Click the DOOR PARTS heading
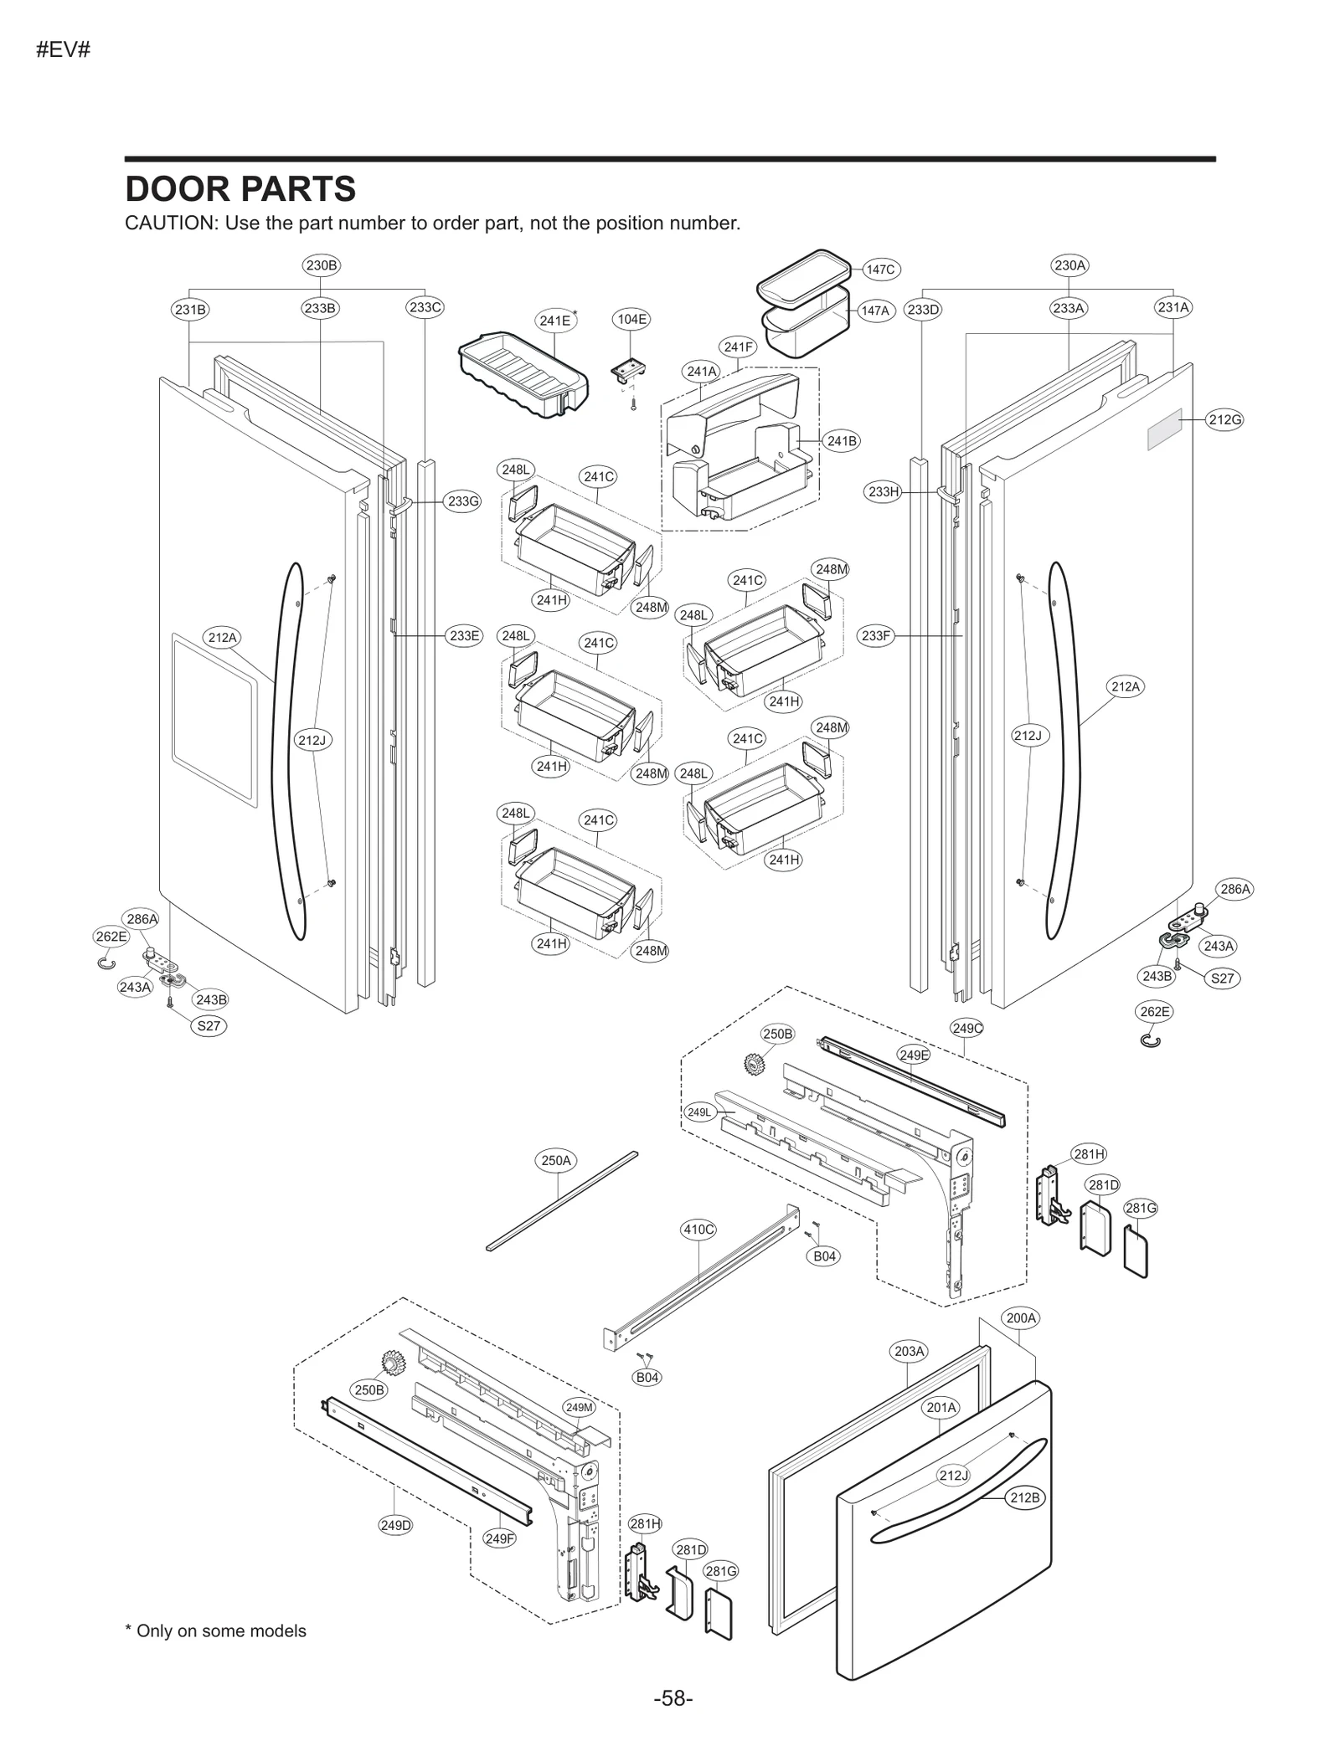click(x=240, y=189)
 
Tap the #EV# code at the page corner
click(x=63, y=50)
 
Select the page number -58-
click(x=673, y=1698)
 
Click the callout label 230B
click(x=322, y=265)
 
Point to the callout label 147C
click(x=880, y=270)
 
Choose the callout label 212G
click(x=1224, y=419)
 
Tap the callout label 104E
click(x=631, y=319)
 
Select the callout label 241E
click(x=554, y=321)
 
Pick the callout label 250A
click(x=556, y=1160)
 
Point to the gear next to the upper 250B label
click(x=755, y=1066)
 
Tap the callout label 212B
click(x=1024, y=1497)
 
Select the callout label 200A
click(x=1021, y=1317)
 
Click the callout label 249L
click(x=698, y=1112)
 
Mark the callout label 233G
click(x=463, y=501)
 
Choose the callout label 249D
click(x=396, y=1525)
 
